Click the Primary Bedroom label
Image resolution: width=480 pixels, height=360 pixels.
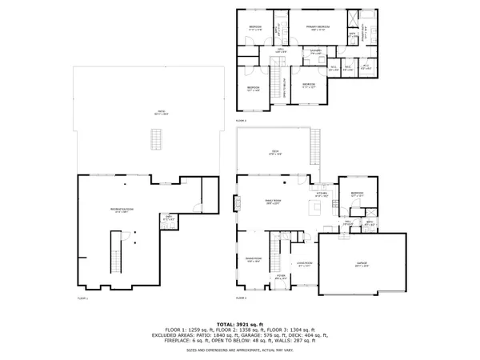(318, 28)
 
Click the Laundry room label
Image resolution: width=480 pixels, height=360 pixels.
(316, 54)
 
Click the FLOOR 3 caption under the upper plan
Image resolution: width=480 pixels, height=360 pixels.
(241, 121)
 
